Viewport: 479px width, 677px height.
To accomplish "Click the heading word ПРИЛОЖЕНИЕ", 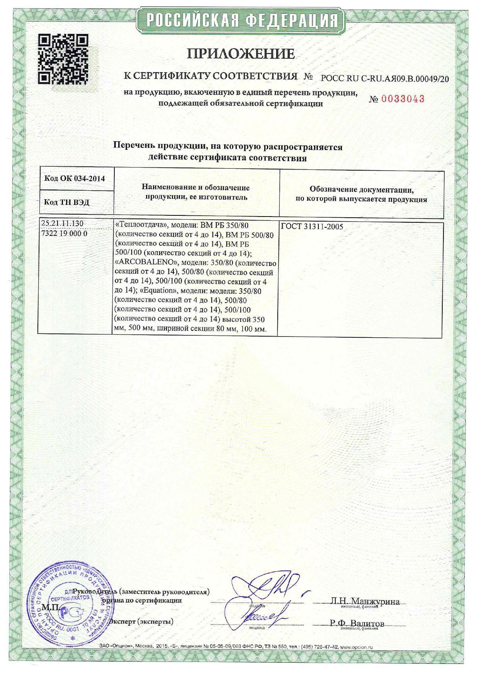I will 241,54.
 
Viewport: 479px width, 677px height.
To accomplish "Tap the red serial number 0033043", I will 403,99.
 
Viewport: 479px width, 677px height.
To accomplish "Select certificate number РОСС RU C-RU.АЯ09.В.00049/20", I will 385,79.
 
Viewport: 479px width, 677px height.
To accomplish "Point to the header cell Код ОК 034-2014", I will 75,178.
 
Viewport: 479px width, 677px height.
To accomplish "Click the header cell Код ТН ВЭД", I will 67,202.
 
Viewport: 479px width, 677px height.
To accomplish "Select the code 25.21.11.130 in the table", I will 62,223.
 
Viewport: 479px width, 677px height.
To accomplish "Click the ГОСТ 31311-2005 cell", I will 312,227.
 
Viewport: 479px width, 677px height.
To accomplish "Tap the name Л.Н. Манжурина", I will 365,601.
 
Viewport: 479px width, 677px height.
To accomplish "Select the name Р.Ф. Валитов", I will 357,623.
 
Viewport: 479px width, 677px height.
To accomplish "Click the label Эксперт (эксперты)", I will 141,622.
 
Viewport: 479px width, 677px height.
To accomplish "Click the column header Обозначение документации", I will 362,190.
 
